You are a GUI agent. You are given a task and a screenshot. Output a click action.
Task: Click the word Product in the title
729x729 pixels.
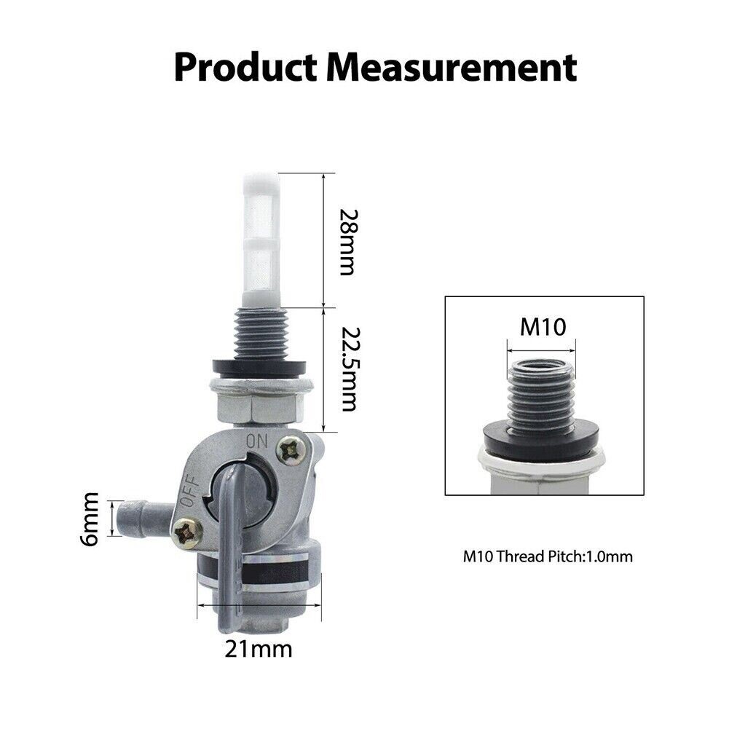245,68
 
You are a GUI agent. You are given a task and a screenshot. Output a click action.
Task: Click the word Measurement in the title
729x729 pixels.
451,68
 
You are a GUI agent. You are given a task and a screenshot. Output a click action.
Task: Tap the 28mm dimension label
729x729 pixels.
348,242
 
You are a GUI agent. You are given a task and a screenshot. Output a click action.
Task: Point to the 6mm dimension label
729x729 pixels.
89,519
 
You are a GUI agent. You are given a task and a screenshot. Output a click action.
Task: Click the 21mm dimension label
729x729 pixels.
259,649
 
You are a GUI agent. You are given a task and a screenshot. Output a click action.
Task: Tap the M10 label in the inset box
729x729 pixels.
543,326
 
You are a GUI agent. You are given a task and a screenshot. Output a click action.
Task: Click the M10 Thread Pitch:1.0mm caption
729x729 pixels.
548,556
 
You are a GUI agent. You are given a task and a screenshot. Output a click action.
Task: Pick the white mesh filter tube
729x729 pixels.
261,240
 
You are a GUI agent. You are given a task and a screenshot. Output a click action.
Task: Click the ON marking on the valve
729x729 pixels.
257,441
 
